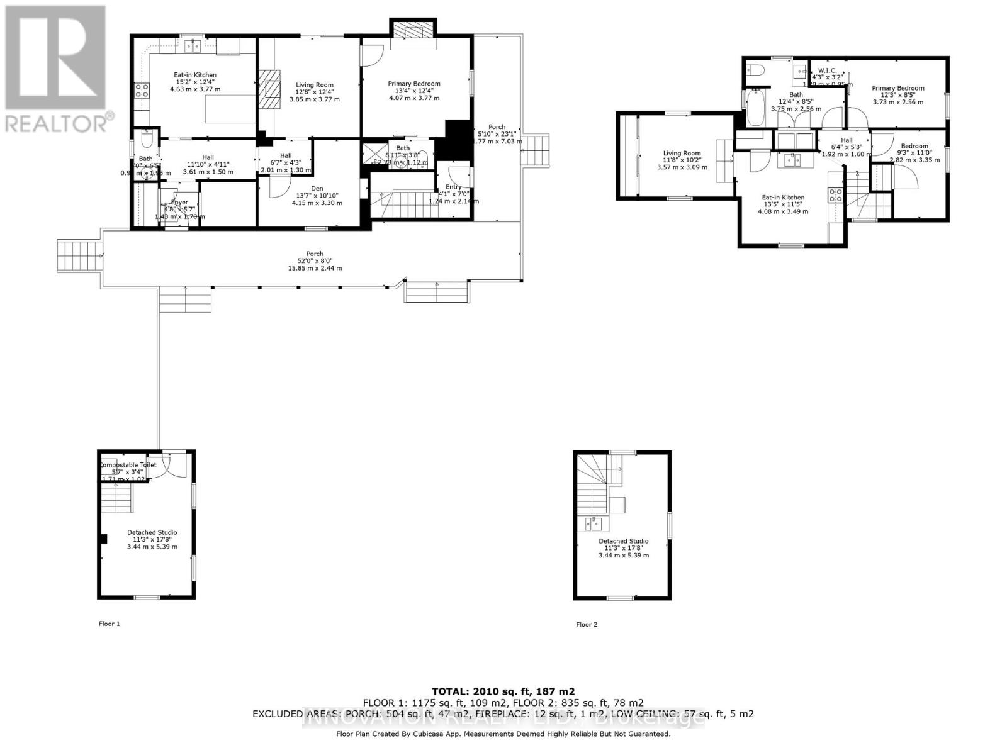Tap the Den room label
tap(317, 188)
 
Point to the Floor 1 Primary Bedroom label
tap(413, 84)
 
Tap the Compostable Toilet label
tap(127, 465)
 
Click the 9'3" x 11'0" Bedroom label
tap(914, 146)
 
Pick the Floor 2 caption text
tap(587, 624)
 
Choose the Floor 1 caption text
tap(109, 624)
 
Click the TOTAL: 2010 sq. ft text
tap(503, 691)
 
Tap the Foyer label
tap(179, 203)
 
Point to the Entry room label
tap(453, 187)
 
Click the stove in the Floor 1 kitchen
tap(141, 91)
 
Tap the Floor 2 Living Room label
tap(682, 153)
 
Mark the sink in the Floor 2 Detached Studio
tap(593, 523)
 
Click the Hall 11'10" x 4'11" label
tap(208, 157)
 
